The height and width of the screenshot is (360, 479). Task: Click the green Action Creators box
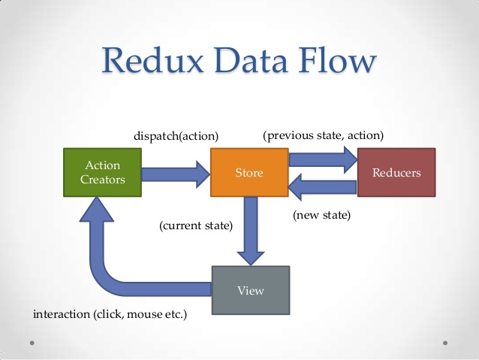102,173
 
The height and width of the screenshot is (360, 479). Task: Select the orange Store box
249,173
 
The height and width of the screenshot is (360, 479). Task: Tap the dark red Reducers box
396,173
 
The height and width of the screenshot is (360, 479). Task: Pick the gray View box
250,289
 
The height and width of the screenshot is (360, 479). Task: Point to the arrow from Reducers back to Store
323,187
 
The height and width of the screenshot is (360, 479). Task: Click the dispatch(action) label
176,136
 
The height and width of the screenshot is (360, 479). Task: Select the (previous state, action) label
323,135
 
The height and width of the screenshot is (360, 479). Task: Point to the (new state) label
321,215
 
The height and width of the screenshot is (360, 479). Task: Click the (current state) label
196,225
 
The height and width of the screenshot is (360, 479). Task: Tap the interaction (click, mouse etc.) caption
110,313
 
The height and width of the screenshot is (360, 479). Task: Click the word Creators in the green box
102,180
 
